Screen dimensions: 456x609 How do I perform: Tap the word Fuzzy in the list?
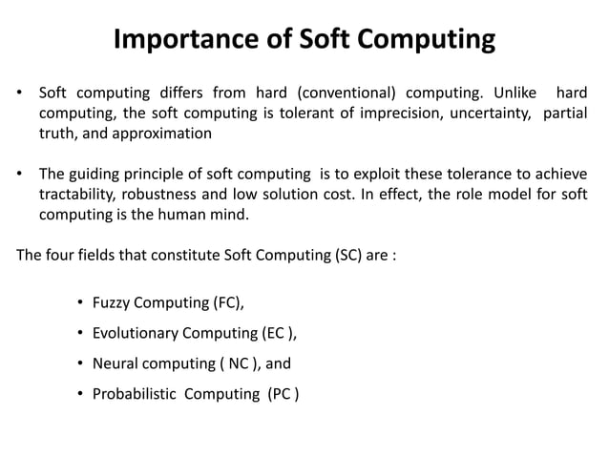coord(112,304)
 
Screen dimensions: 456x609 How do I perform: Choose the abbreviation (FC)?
coord(224,304)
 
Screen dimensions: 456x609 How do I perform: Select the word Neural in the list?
coord(115,363)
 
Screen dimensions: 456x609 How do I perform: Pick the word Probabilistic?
coord(136,393)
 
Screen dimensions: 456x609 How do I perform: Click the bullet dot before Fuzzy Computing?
coord(80,304)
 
